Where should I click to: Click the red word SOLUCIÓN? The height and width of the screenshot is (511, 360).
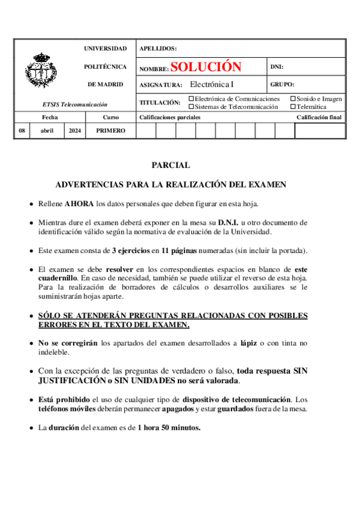[206, 67]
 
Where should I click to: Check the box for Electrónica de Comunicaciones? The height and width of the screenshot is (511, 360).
[192, 98]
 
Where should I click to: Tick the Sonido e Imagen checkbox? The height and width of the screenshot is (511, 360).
[294, 98]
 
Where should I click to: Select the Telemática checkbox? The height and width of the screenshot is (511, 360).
[294, 107]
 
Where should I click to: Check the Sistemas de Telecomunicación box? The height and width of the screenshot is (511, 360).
[192, 107]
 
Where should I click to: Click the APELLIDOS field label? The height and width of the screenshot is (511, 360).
[158, 48]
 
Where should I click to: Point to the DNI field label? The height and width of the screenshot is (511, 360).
[277, 67]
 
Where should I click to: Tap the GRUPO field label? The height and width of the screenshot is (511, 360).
[282, 85]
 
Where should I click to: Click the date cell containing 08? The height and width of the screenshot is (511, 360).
[22, 130]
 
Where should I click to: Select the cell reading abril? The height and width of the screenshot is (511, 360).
[47, 130]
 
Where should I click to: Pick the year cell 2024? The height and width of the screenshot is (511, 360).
[75, 130]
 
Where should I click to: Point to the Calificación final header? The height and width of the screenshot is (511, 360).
[319, 118]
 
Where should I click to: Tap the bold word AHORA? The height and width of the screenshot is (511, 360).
[79, 204]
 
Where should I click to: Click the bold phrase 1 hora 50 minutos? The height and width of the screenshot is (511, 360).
[169, 427]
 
